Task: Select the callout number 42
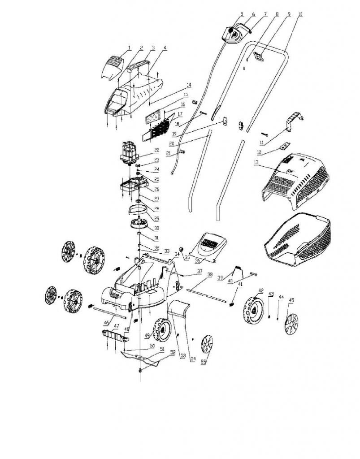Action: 260,291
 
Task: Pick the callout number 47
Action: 116,326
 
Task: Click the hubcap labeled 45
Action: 291,324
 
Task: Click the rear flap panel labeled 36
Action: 209,246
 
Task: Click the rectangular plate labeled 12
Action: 284,145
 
